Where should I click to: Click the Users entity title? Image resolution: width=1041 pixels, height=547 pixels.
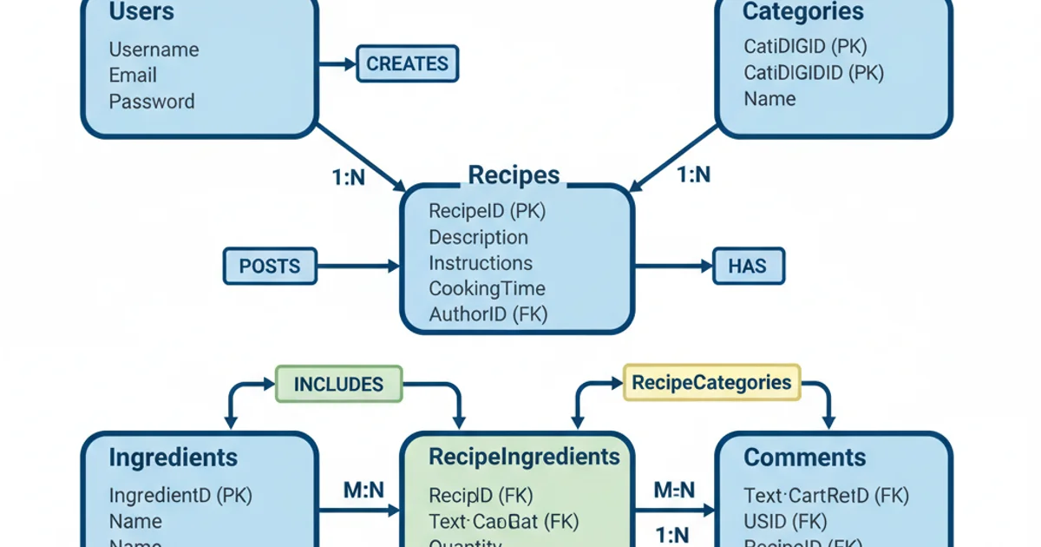click(141, 12)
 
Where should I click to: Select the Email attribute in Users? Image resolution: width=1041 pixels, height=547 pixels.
click(133, 76)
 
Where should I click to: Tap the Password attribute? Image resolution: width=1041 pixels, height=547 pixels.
click(152, 102)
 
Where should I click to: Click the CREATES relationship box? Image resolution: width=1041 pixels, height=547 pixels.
click(407, 64)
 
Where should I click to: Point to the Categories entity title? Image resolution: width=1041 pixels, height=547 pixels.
click(802, 12)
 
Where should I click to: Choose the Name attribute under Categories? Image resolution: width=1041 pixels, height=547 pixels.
click(769, 99)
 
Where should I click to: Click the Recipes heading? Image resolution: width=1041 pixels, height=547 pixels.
click(514, 175)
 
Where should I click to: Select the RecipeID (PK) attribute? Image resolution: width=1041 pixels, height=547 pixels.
click(487, 211)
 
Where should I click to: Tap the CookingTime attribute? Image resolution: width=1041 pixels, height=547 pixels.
click(487, 288)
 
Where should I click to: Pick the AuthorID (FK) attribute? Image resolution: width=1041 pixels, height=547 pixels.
click(488, 314)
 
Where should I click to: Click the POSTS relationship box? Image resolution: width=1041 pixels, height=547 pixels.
click(270, 266)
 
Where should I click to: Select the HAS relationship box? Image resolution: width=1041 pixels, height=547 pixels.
click(748, 266)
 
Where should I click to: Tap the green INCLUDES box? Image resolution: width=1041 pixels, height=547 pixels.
click(338, 384)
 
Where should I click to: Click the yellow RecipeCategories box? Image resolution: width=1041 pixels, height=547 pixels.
click(711, 383)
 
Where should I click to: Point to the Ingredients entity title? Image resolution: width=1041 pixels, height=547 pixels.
click(173, 458)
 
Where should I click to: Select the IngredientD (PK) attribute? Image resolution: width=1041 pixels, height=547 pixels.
click(180, 496)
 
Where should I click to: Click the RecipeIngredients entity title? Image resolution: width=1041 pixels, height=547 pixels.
click(524, 458)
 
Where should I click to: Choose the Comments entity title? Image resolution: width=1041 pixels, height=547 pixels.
click(804, 458)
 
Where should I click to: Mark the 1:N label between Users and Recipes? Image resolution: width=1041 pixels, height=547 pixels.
click(349, 177)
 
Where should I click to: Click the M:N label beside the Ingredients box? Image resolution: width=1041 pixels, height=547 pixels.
click(363, 491)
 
